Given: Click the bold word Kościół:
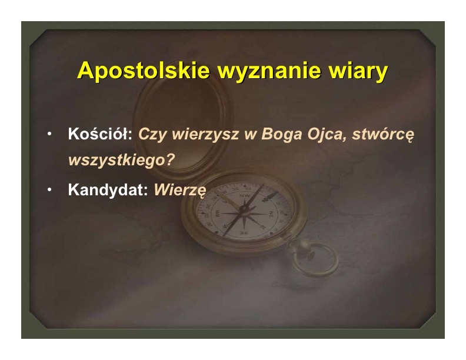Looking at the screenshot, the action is [x=100, y=134].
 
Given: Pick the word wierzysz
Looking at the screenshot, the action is [x=205, y=135].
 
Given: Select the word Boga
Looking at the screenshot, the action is [x=282, y=135].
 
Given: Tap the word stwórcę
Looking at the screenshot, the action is [x=383, y=135].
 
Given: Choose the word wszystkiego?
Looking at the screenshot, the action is [x=121, y=161].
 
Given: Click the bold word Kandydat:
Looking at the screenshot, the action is [x=108, y=189].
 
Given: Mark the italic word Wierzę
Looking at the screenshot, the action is [x=180, y=190].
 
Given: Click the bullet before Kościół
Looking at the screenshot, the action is [x=49, y=134].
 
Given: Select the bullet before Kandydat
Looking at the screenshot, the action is [x=49, y=189].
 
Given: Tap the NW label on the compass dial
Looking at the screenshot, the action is [x=245, y=195].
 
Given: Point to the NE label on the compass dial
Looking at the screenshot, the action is [x=271, y=214].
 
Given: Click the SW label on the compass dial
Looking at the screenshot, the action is [x=217, y=213].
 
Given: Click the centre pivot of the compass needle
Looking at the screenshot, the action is [x=244, y=209].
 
